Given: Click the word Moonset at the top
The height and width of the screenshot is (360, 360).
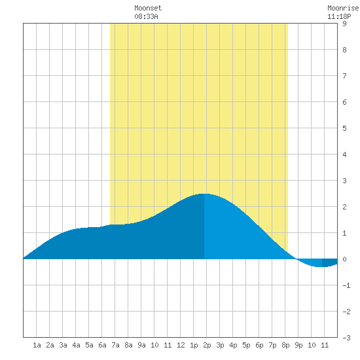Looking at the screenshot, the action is [x=148, y=8].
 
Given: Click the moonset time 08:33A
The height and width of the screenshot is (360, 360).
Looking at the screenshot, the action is [x=146, y=16].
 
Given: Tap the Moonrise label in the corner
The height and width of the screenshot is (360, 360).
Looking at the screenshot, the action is [x=343, y=8].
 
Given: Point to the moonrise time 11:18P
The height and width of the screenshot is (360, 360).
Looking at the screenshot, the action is [x=339, y=16].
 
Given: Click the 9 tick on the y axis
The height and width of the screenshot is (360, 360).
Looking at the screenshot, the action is [x=344, y=24].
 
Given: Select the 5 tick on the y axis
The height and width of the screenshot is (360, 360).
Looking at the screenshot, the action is [x=344, y=128].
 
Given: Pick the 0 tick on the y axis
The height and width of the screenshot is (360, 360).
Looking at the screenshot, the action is [x=344, y=259].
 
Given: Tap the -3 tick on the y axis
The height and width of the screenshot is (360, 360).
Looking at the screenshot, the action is [x=346, y=338].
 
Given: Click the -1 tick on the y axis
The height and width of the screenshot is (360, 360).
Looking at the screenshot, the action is [x=346, y=285].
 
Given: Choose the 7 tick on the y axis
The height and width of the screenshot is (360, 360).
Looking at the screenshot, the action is [x=344, y=76].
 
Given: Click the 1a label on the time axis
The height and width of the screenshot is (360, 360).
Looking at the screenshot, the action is [x=37, y=345].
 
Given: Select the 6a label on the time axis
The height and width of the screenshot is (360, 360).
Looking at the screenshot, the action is [x=102, y=345].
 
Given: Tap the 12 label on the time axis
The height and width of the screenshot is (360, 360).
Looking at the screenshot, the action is [x=181, y=345].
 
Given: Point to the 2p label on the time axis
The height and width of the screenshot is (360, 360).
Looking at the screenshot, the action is [x=207, y=345].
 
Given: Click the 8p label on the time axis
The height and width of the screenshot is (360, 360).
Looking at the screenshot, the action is [x=285, y=345].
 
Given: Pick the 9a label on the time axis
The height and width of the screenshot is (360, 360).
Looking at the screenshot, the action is [x=141, y=345].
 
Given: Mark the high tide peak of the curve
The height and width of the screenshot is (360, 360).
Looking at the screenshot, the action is [x=204, y=194].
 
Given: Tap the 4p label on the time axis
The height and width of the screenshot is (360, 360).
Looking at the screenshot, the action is [x=233, y=345].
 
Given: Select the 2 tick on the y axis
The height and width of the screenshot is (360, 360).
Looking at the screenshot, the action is [x=344, y=207].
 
